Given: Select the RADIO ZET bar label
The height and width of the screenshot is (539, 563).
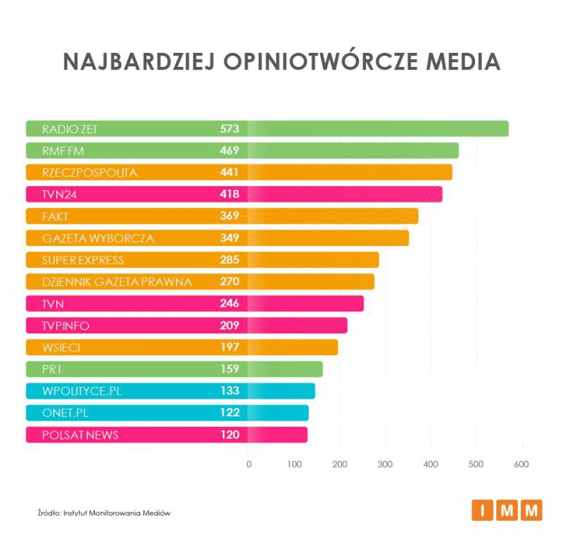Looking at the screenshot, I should tap(70, 129).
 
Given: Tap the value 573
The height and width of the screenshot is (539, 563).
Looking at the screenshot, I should tap(229, 129).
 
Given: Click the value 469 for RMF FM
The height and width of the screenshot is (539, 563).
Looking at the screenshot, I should tap(229, 151).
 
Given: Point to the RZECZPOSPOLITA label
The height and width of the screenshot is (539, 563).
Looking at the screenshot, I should tap(89, 173).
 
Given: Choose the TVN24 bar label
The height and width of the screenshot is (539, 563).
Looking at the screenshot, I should tap(60, 194).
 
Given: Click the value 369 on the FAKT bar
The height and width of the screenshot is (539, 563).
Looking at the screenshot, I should tap(229, 216).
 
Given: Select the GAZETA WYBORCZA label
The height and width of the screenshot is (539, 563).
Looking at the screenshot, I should tap(98, 238).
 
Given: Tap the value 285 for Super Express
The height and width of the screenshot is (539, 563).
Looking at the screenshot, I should tap(229, 260).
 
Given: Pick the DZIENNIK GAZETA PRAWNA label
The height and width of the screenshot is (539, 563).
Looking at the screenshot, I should tap(117, 282).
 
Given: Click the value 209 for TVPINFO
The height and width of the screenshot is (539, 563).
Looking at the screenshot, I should tap(229, 326).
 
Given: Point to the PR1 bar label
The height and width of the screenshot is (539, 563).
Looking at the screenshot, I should tap(52, 369).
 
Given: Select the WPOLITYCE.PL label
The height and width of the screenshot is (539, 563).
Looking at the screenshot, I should tap(82, 391).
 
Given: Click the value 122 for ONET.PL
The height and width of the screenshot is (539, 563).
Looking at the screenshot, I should tap(229, 413).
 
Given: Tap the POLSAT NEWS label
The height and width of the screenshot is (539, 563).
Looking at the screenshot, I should tap(80, 435).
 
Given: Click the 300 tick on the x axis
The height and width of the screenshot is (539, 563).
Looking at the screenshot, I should tap(385, 464).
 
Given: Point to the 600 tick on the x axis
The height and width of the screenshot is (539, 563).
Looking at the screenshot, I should tap(521, 464).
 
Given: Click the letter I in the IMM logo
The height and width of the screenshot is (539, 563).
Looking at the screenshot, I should tap(482, 510).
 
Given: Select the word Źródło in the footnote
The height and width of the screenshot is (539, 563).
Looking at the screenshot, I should tap(50, 513).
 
